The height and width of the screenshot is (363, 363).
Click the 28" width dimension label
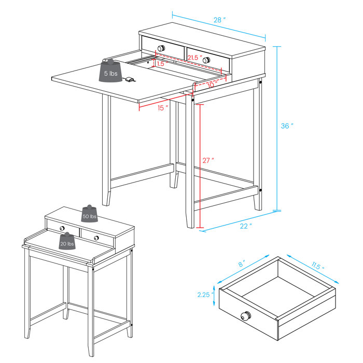coord(220,20)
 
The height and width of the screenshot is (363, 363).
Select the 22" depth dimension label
coord(246,226)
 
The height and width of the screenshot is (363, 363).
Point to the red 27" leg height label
coord(208,161)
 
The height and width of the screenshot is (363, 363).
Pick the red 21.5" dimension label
coord(196,57)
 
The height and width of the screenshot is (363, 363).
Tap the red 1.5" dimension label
coord(161,63)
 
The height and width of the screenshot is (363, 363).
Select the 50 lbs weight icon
coord(89,215)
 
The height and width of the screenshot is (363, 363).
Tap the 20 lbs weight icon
coord(67,242)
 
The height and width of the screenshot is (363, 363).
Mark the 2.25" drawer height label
coord(206,295)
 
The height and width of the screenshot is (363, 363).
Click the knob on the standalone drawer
coord(246,316)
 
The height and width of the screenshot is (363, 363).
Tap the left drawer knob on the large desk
coord(161,48)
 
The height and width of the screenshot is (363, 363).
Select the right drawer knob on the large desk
coord(207,60)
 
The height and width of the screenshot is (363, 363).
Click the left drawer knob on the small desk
coord(62,229)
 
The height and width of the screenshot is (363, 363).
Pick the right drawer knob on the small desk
coord(96,238)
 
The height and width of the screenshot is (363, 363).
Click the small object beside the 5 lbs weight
coord(130,79)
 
